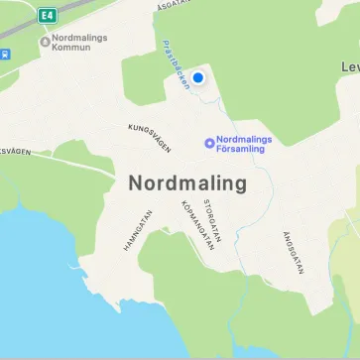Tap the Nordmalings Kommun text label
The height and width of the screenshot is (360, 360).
coord(78,42)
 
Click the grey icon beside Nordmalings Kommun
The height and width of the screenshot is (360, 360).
coord(44,42)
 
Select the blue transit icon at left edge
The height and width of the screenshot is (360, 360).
coord(3,54)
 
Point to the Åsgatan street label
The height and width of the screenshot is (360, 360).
coord(173,6)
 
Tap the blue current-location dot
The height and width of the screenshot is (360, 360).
coord(197,77)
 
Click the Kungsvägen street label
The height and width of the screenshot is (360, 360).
coord(150,138)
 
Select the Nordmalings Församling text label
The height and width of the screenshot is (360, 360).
coord(244,145)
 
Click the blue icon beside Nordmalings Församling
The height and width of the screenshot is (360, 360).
coord(208,144)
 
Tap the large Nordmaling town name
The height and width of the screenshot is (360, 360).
coord(187,183)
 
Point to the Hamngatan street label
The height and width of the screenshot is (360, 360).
coord(138,229)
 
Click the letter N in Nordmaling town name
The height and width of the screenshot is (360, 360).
coord(136,183)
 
